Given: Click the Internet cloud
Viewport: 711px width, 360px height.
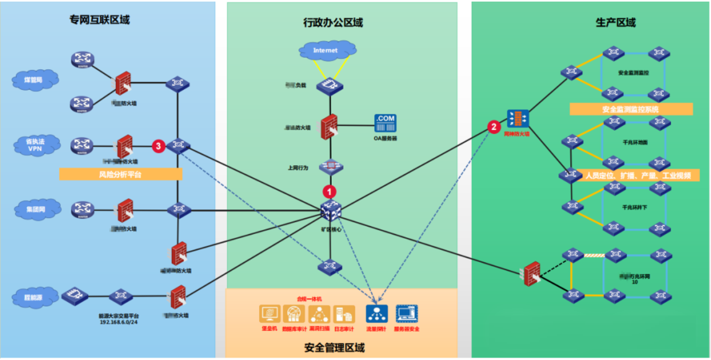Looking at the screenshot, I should (x=325, y=50).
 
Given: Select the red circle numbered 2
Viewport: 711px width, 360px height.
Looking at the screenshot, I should (x=493, y=126).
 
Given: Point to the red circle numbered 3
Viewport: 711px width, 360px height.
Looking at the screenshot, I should (x=158, y=146).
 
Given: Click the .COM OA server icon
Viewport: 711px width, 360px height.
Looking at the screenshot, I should (x=385, y=123).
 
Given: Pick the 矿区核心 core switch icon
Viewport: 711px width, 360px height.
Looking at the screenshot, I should (x=331, y=211).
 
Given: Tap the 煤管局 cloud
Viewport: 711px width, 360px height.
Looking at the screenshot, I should (x=35, y=80).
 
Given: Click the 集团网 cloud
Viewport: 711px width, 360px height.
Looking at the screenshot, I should (x=36, y=208).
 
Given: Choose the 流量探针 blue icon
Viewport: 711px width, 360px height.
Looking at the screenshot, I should (x=377, y=314).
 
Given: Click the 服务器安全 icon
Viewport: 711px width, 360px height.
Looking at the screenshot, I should (x=406, y=314).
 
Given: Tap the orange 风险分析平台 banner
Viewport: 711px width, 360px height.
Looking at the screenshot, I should (x=120, y=174).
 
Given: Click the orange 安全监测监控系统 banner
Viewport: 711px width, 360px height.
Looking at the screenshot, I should (x=631, y=109).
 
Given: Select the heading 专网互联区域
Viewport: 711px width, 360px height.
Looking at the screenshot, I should (x=100, y=20).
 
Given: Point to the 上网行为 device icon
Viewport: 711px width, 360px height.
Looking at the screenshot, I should (x=331, y=166).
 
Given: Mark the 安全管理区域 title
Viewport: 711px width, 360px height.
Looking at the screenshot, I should (x=334, y=347).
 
